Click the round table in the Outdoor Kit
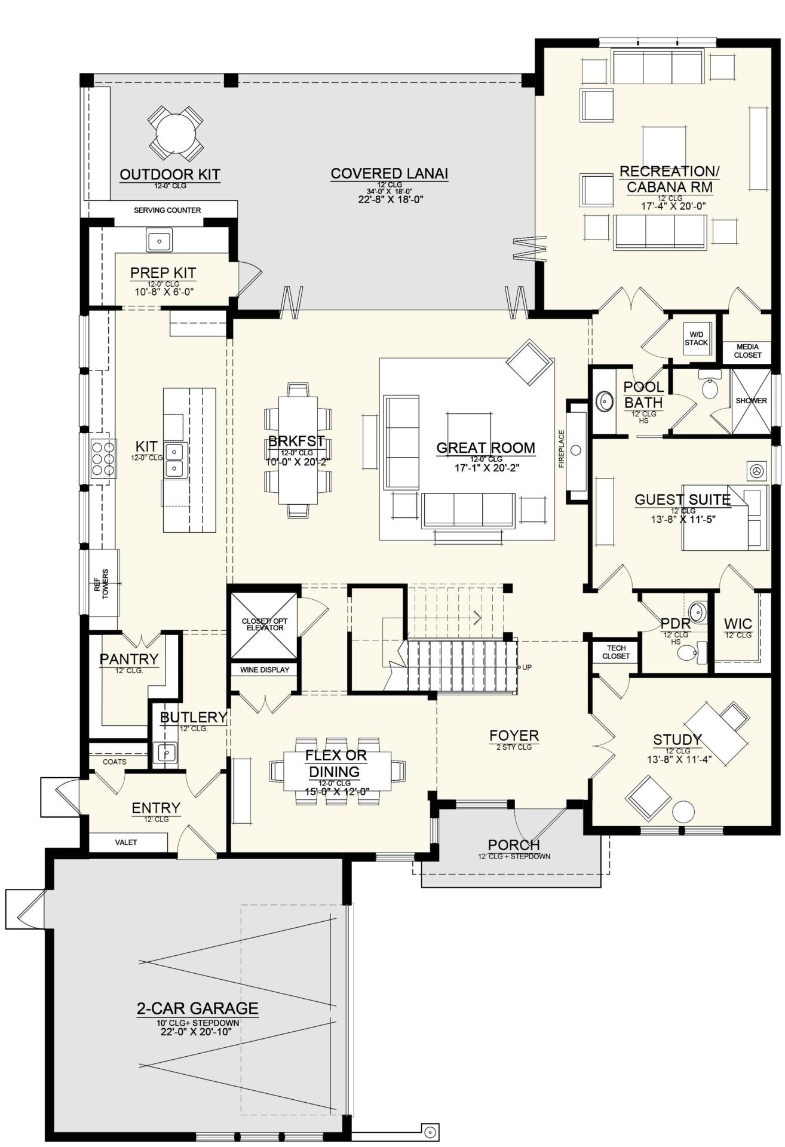175,133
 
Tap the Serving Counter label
167,210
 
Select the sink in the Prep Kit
160,241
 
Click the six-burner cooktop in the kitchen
103,458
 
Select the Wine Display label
265,670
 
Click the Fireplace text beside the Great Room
562,449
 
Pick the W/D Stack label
696,338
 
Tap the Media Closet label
747,351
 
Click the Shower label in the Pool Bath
752,401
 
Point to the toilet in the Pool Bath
710,387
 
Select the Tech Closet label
616,652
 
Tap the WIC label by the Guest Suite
738,624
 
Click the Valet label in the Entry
126,842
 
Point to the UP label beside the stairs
527,667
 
